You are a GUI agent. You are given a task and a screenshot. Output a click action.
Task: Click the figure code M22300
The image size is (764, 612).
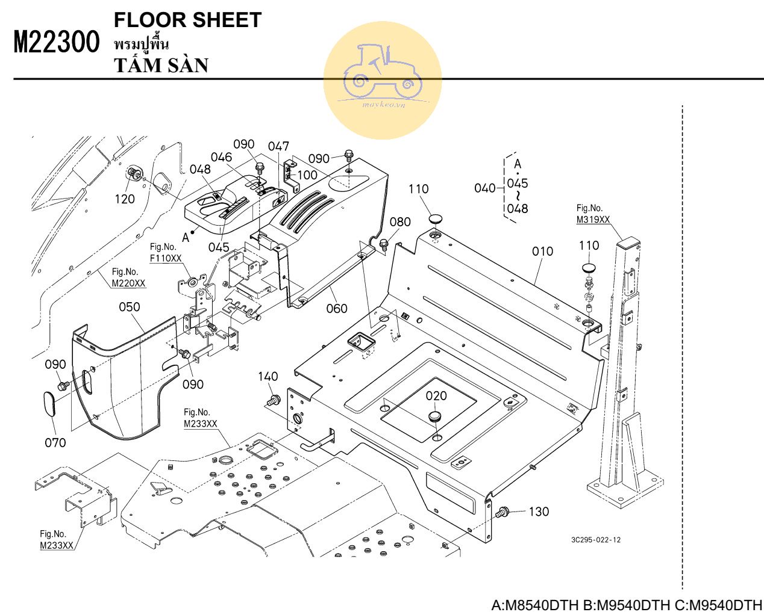[x=57, y=42]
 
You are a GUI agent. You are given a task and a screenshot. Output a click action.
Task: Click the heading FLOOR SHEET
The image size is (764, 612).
[x=187, y=20]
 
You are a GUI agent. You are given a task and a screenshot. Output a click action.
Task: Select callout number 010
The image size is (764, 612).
[x=542, y=252]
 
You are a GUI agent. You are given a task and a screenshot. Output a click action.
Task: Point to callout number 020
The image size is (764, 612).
[x=436, y=396]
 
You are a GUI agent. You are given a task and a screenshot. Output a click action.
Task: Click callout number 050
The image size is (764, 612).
[x=129, y=307]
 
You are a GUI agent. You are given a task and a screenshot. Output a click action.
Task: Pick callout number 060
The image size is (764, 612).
[x=337, y=309]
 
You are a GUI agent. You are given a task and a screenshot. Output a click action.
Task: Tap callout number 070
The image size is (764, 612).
[x=55, y=442]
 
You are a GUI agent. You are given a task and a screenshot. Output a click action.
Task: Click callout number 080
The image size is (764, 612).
[x=400, y=222]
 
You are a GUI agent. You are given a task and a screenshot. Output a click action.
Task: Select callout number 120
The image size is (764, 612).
[x=125, y=199]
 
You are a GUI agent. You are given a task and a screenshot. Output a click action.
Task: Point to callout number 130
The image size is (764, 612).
[x=539, y=512]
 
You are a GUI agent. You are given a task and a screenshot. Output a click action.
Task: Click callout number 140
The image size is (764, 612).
[x=268, y=377]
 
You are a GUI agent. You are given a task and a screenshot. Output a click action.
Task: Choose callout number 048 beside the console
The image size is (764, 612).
[x=200, y=169]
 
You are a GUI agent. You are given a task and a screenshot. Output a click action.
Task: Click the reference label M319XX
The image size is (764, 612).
[x=593, y=220]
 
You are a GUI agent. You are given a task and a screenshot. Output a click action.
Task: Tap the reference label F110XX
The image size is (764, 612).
[x=166, y=258]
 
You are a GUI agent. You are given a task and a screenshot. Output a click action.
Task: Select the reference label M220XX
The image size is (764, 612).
[x=128, y=283]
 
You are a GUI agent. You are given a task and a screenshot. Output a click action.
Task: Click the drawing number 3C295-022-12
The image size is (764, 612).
[x=596, y=540]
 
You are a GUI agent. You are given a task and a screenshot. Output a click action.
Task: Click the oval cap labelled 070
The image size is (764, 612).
[x=49, y=403]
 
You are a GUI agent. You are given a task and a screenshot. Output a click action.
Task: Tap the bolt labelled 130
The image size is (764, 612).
[x=503, y=512]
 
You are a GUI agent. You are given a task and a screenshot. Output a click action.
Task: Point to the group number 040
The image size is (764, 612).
[x=485, y=188]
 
